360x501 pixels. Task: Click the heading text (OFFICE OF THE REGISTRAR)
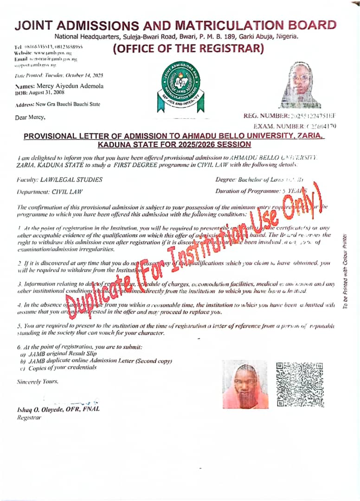point(188,48)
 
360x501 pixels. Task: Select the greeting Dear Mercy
point(30,116)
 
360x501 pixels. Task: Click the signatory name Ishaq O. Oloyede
point(58,409)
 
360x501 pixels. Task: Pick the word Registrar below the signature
point(29,417)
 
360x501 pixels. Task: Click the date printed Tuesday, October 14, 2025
point(58,75)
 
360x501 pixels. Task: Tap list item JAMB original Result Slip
point(58,354)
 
